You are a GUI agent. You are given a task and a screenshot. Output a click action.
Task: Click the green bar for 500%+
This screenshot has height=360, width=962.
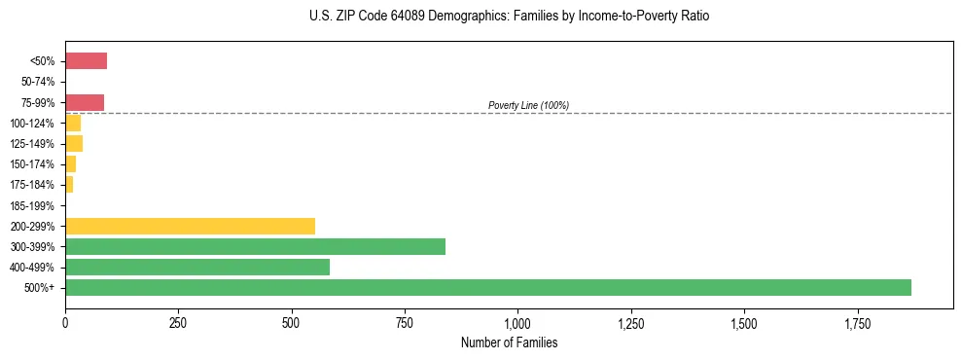click(487, 287)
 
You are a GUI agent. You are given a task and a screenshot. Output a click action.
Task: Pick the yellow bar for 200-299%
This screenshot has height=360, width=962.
click(190, 226)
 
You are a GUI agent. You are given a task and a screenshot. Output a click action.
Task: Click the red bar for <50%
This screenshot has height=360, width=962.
click(86, 61)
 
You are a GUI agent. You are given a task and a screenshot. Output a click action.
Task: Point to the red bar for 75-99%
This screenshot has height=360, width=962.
click(85, 102)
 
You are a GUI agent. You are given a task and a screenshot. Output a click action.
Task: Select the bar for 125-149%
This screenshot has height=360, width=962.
click(74, 144)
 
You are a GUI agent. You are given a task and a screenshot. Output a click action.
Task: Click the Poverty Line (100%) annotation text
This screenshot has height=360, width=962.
click(528, 105)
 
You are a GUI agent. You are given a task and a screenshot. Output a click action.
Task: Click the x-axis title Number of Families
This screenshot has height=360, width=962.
click(509, 343)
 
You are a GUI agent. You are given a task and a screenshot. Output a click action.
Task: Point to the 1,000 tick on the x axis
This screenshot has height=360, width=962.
click(517, 323)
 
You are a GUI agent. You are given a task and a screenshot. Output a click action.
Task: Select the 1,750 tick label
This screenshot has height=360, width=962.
click(857, 323)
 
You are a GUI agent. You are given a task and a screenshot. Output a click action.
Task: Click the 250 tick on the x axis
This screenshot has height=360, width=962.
click(178, 323)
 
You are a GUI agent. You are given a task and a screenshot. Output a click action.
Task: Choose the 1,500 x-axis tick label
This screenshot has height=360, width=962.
click(744, 323)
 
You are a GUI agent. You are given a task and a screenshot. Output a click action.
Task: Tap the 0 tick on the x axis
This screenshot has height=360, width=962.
click(65, 323)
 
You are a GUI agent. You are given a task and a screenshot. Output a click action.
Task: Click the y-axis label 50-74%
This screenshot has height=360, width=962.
click(37, 82)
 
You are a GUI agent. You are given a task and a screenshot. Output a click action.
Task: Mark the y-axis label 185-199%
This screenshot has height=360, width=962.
click(34, 205)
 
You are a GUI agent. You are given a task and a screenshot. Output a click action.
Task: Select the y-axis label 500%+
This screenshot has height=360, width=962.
click(41, 288)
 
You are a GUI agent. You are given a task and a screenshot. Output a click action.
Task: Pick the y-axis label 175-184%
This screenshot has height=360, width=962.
click(34, 185)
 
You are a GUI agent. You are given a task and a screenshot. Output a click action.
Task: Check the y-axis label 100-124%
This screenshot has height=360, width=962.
click(34, 124)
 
